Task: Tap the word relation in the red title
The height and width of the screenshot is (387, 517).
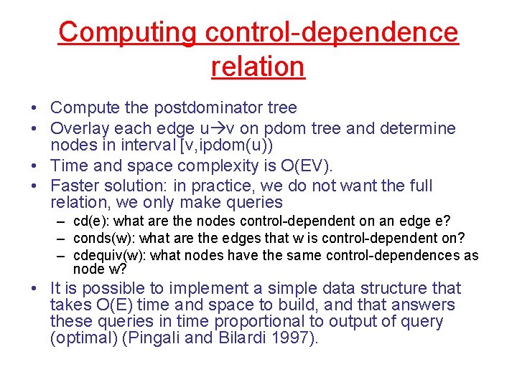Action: pyautogui.click(x=258, y=67)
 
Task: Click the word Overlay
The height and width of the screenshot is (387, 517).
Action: pyautogui.click(x=79, y=129)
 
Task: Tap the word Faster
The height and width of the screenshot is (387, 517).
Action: pyautogui.click(x=77, y=186)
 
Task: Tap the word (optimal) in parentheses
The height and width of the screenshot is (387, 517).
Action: pyautogui.click(x=78, y=338)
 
